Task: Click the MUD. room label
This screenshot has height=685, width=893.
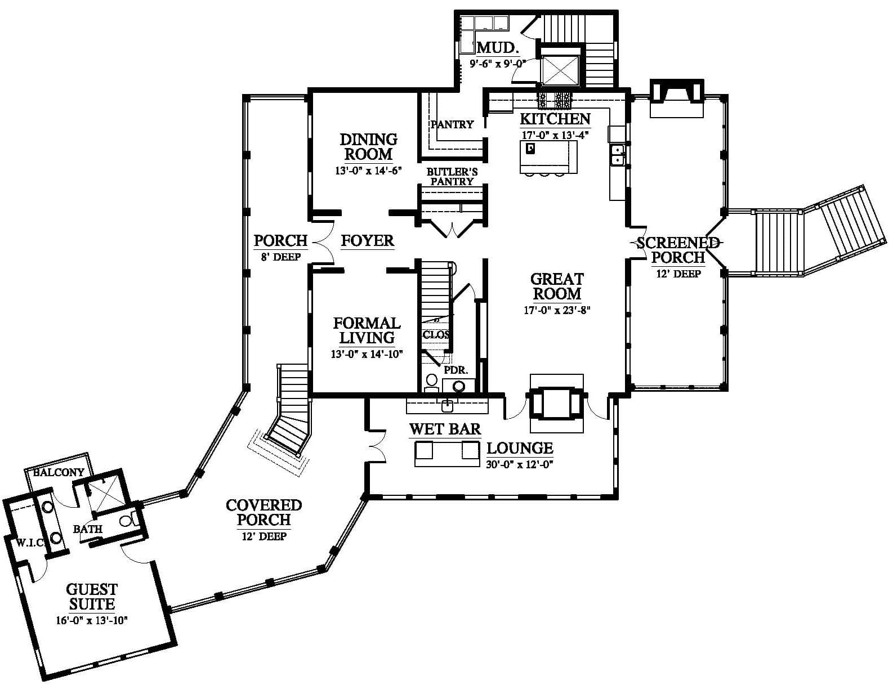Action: [497, 48]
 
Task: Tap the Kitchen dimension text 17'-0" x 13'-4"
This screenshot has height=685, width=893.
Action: [555, 135]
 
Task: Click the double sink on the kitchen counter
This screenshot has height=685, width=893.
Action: [617, 155]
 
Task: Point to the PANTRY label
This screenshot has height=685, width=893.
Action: [452, 124]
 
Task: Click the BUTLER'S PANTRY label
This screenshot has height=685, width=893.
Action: [452, 177]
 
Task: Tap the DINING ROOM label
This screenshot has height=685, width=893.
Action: [368, 147]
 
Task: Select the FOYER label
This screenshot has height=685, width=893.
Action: [368, 241]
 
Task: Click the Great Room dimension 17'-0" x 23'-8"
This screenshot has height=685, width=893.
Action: [557, 310]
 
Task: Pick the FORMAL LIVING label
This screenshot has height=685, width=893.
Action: [367, 330]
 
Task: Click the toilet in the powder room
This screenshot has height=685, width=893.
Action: [431, 382]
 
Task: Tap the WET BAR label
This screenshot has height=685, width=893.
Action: [445, 429]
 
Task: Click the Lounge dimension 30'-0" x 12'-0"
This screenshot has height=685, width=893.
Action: [520, 464]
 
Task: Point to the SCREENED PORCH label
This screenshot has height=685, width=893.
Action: [678, 250]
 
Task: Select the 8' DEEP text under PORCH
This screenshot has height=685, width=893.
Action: [281, 257]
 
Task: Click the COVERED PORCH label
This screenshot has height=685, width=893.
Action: [264, 513]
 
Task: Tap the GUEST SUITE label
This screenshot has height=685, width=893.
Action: [92, 597]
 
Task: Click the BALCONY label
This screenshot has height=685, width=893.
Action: [59, 472]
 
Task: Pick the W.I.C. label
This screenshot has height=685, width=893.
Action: [30, 543]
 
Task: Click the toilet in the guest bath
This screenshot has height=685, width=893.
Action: [130, 521]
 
